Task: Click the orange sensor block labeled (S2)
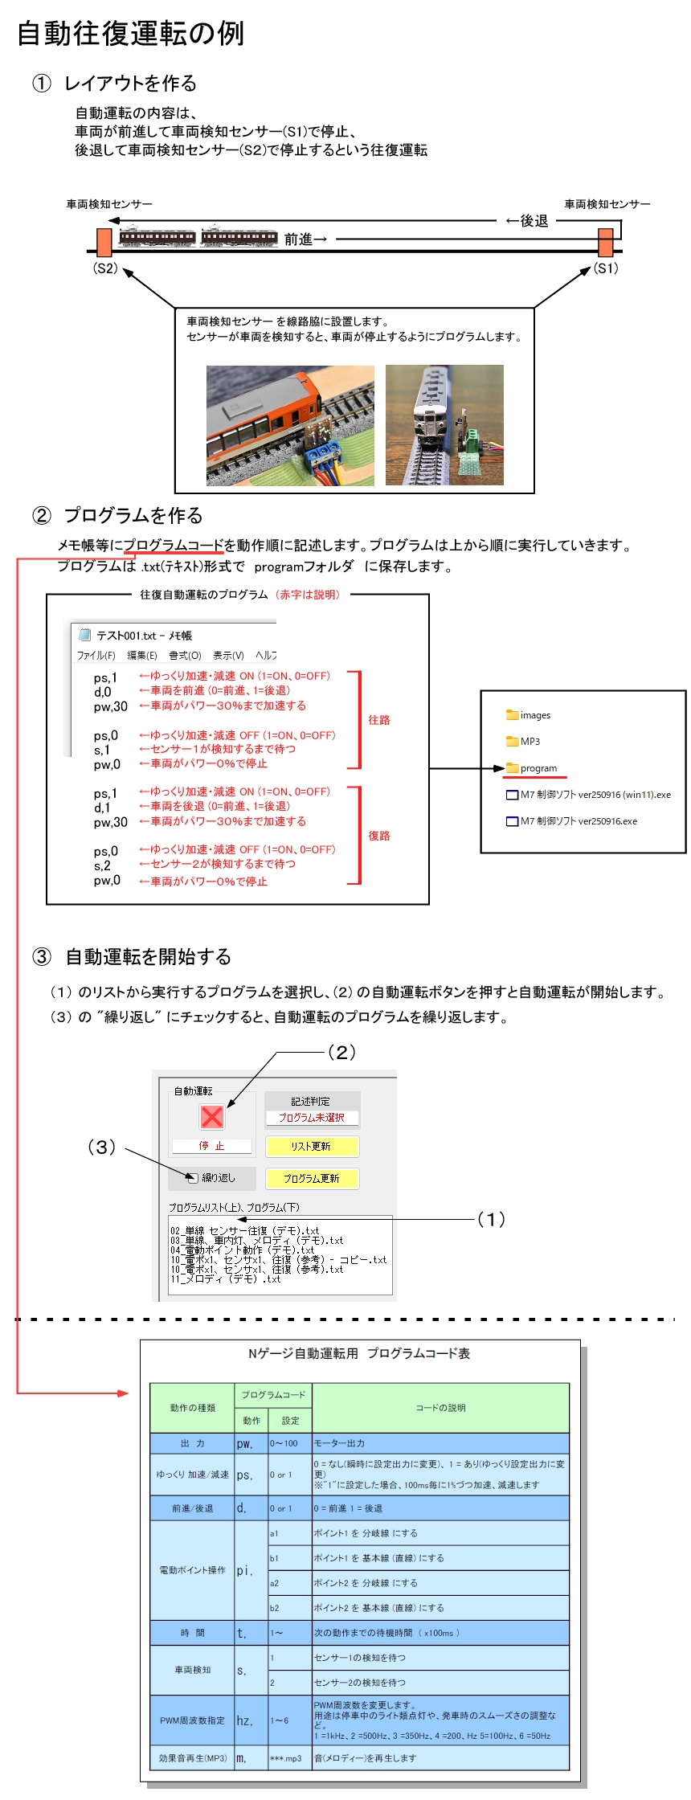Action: pos(104,242)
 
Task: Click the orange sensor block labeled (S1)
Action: pos(606,242)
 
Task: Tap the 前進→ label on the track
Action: pos(306,239)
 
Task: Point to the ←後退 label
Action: pos(527,221)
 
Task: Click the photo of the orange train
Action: pos(290,425)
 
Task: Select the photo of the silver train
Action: pos(444,425)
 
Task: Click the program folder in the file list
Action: pos(538,768)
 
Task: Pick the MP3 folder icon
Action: pos(513,741)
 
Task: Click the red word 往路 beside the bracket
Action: pos(379,720)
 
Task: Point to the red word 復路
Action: pos(379,836)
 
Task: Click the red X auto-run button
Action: pos(212,1116)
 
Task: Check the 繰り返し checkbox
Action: pos(192,1178)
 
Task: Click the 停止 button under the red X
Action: pos(212,1146)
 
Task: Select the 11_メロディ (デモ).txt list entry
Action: pos(225,1279)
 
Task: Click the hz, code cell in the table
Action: pos(244,1720)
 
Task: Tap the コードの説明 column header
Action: pos(440,1408)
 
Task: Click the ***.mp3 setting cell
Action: pos(286,1758)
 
